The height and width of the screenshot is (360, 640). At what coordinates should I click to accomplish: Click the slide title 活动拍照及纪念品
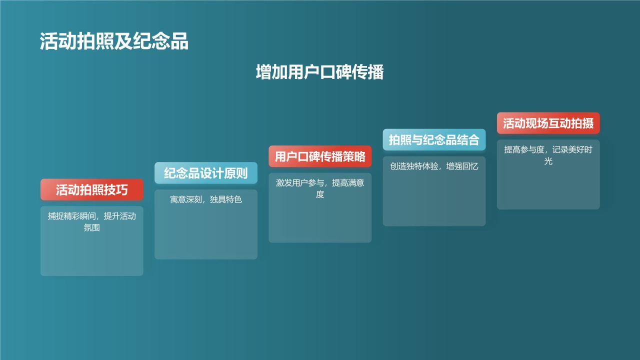coord(114,42)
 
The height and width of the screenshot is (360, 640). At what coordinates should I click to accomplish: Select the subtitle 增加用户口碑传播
coord(319,72)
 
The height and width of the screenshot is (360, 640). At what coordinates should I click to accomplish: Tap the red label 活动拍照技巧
coord(92,190)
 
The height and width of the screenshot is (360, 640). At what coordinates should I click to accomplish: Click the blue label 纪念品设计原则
coord(206,173)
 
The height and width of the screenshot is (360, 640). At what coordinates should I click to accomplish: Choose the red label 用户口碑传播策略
coord(320,156)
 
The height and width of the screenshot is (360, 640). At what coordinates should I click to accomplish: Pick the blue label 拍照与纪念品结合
coord(434,139)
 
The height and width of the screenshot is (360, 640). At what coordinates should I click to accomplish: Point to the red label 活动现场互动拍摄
coord(548,123)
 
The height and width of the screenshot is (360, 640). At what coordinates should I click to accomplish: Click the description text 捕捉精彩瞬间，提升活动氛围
coord(92,222)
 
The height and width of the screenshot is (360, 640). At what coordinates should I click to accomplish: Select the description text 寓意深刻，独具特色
coord(206,199)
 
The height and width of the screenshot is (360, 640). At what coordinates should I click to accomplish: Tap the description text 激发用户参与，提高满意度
coord(320,188)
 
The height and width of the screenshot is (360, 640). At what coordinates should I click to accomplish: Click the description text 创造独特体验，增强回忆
coord(434,166)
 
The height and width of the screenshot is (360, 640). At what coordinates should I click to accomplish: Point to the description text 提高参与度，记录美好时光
coord(548,155)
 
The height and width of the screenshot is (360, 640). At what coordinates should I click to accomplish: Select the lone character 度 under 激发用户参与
coord(320,194)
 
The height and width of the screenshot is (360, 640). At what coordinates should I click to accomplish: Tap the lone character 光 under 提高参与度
coord(548,161)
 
